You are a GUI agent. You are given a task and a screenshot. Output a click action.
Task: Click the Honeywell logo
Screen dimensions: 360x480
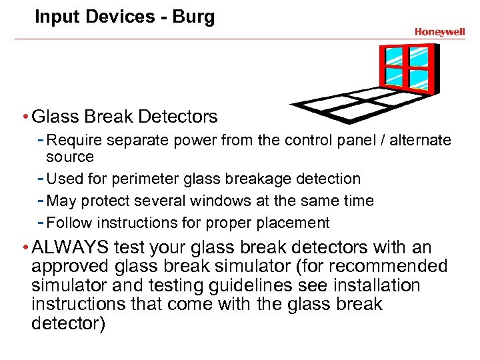pos(439,31)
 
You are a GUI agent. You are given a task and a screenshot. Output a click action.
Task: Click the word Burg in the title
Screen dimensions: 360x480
pos(193,17)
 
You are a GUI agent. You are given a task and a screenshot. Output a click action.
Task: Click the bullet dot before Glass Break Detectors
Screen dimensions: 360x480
pos(25,117)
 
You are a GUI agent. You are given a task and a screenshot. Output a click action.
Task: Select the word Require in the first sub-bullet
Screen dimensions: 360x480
pos(73,141)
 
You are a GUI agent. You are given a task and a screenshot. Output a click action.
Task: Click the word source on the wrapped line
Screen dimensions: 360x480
pos(69,157)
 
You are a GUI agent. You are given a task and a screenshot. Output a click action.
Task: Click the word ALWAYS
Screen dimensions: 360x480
pos(71,248)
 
